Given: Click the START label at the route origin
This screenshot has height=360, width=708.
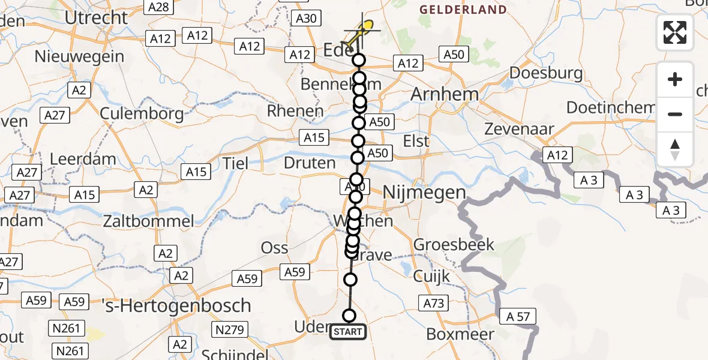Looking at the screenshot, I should (x=348, y=331).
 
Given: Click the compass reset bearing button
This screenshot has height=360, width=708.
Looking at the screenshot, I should (x=675, y=149).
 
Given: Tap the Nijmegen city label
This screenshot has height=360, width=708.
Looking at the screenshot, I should (x=424, y=193).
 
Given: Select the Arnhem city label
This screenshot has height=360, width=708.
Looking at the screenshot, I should (x=444, y=94).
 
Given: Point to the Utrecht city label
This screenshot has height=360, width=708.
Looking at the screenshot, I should (x=96, y=17).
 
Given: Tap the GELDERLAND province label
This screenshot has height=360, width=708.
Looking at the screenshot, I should (x=463, y=10).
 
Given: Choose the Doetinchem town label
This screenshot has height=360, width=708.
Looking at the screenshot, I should (x=610, y=108).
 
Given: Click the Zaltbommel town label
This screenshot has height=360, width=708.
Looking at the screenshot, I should (x=148, y=221).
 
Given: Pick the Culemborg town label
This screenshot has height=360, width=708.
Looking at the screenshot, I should (x=142, y=113).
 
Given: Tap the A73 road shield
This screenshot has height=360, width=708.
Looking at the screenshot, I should (x=434, y=303).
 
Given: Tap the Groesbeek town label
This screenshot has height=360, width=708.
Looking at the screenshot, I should (x=454, y=244).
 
